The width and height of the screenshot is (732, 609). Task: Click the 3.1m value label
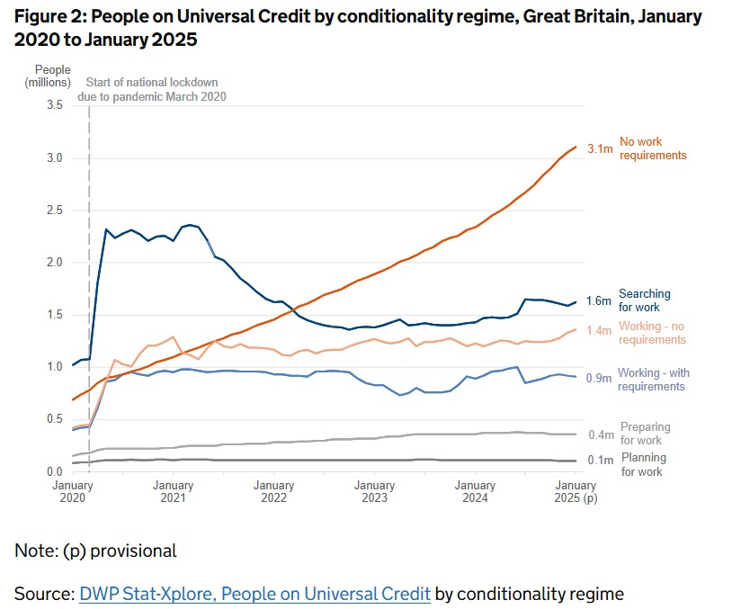click(600, 149)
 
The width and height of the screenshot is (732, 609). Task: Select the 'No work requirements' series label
click(653, 148)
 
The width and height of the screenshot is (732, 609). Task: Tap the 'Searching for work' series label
click(645, 301)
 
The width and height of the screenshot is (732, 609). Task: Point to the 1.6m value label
click(600, 300)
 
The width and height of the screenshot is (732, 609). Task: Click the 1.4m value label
click(600, 331)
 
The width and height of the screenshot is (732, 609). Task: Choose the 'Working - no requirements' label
click(653, 334)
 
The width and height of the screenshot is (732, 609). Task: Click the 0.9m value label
click(600, 379)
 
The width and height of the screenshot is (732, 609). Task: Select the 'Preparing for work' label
click(645, 434)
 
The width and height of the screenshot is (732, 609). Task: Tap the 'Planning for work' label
click(643, 465)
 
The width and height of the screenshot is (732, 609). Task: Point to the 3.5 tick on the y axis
click(54, 105)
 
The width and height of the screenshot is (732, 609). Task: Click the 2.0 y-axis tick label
click(54, 263)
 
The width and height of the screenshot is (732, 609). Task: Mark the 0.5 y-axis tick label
click(54, 419)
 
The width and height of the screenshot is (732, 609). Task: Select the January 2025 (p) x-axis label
click(576, 491)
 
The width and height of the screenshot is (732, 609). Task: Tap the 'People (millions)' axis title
click(53, 76)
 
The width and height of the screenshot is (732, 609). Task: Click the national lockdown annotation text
click(156, 89)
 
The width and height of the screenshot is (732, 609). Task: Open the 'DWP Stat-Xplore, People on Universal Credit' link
click(254, 594)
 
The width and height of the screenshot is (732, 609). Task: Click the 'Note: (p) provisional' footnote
click(95, 551)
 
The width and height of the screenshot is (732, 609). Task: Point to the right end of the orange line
click(576, 147)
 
